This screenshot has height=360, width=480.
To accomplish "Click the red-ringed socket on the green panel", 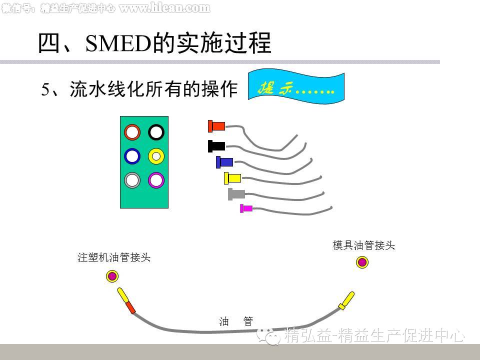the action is (132, 132).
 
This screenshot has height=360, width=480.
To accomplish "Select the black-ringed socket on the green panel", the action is (156, 132).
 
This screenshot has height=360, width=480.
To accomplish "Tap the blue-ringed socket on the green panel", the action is (132, 156).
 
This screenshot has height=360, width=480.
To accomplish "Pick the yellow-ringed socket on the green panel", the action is (156, 156).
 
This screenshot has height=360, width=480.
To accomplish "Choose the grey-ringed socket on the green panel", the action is (132, 180).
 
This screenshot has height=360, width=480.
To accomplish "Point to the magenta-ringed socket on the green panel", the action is (156, 180).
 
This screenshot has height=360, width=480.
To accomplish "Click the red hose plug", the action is (216, 126).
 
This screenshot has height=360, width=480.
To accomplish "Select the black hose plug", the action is (216, 146).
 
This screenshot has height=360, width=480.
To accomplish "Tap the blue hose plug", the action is (224, 162).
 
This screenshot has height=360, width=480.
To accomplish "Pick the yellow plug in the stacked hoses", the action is (232, 177).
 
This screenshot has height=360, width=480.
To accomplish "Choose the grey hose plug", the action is (236, 193).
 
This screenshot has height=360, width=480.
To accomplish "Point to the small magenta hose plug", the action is (246, 208).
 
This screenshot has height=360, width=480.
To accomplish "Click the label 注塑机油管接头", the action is (114, 258).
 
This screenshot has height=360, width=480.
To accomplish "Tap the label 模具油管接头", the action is (364, 245).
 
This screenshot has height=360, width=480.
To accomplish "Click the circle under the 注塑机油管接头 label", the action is (112, 276).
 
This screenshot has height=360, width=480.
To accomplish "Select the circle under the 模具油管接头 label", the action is (362, 262).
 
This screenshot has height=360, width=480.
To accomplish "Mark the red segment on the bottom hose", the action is (130, 307).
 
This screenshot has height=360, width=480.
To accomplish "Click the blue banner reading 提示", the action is (296, 89).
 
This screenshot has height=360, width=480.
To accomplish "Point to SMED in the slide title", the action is (118, 44).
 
